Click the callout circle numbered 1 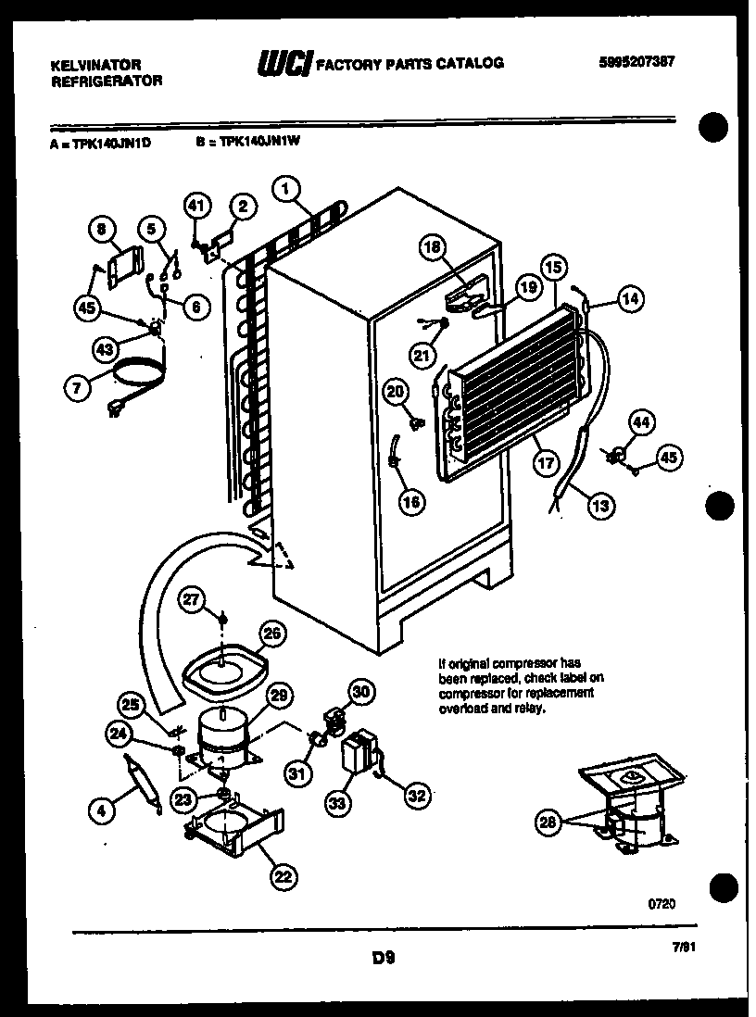point(287,189)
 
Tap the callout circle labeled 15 point(553,269)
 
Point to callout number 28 point(549,821)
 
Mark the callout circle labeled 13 point(599,505)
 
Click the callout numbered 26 point(271,634)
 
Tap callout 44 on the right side point(641,422)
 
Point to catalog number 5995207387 point(636,62)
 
